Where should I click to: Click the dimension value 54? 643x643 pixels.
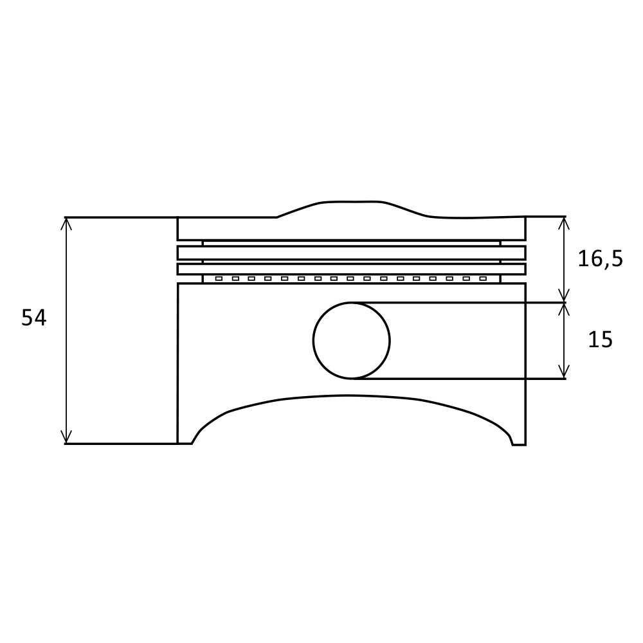click(x=34, y=318)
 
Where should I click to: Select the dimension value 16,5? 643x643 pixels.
click(x=600, y=259)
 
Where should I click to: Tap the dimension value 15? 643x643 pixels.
click(x=600, y=340)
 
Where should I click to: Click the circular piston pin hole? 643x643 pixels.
click(x=351, y=340)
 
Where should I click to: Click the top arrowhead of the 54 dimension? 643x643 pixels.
click(x=66, y=222)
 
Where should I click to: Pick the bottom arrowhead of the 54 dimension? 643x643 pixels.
click(x=66, y=439)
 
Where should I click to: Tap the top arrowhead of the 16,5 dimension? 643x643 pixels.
click(x=564, y=221)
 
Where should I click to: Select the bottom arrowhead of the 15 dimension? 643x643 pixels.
click(x=564, y=374)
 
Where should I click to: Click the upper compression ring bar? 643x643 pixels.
click(x=351, y=252)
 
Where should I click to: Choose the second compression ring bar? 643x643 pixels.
click(x=351, y=269)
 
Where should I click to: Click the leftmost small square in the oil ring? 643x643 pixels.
click(x=219, y=278)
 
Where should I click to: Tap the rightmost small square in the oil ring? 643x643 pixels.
click(x=483, y=278)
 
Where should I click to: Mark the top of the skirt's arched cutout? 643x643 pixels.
click(x=351, y=395)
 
